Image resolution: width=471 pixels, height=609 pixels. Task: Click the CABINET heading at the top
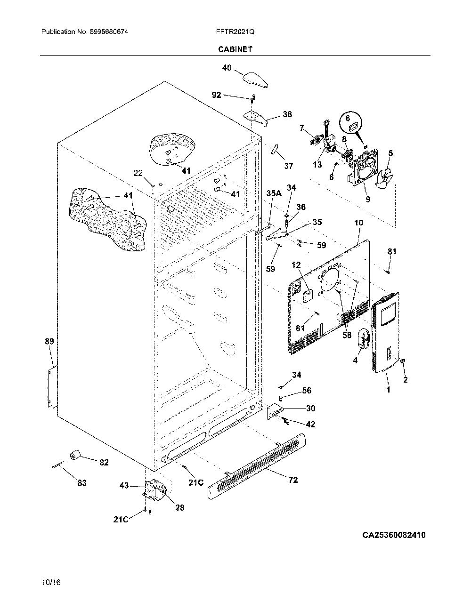pos(235,49)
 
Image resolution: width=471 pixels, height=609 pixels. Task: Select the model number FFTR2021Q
pos(235,32)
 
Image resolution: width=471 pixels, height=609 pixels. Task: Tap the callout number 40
pos(227,68)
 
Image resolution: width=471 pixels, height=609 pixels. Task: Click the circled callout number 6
pos(348,118)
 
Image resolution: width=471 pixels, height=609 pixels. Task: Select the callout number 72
pos(293,480)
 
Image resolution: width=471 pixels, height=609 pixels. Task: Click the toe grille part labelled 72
pos(256,466)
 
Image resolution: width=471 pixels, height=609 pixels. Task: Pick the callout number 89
pos(49,341)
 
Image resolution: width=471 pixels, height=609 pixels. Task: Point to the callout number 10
pos(358,223)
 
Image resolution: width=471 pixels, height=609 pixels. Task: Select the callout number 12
pos(296,265)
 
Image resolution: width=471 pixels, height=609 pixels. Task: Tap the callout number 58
pos(347,335)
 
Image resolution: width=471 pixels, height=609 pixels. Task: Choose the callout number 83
pos(82,483)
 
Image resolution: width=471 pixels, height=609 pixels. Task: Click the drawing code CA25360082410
pos(394,535)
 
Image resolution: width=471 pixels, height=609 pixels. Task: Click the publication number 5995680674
pos(109,32)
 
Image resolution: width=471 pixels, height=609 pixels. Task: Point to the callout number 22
pos(138,173)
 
